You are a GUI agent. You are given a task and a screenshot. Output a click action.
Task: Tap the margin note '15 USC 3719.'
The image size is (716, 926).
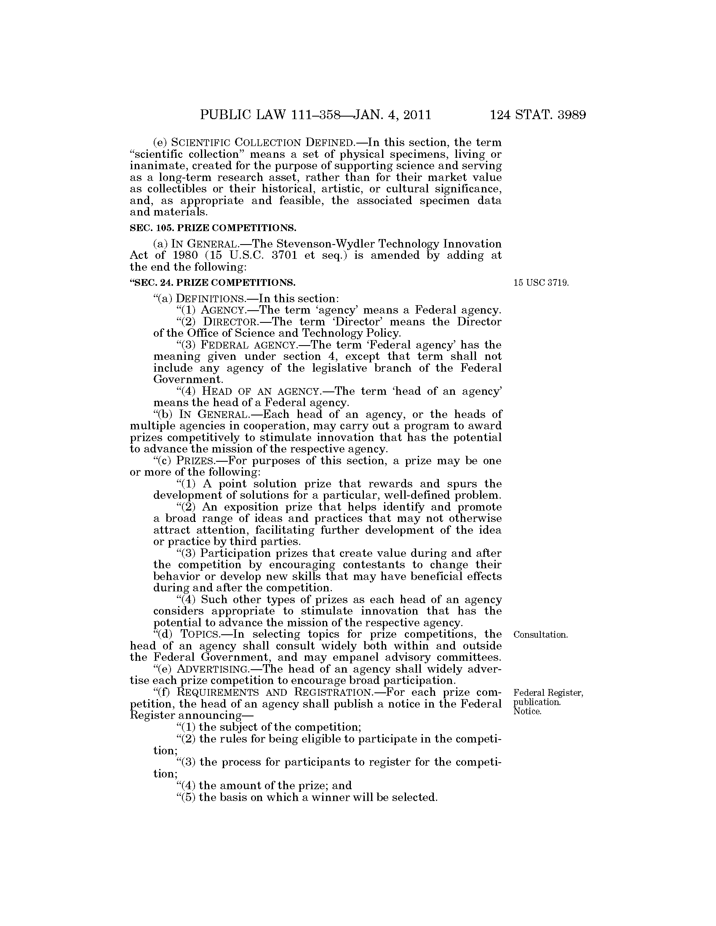click(x=541, y=283)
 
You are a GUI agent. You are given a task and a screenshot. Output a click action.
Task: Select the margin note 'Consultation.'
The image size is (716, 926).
click(x=540, y=635)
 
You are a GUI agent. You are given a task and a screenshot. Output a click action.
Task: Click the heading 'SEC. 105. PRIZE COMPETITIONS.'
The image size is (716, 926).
click(x=213, y=228)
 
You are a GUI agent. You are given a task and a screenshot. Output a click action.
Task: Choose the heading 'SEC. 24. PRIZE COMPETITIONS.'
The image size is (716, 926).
click(x=213, y=282)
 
